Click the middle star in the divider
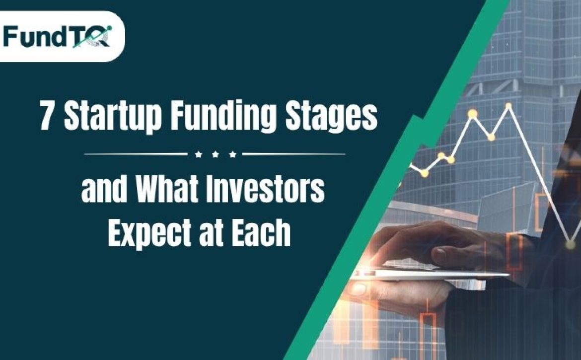pos(216,154)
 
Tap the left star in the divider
pos(199,154)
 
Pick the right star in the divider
pos(232,154)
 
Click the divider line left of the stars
pos(136,154)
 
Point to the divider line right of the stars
pos(294,154)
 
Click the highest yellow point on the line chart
pos(508,106)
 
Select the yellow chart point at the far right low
pos(571,244)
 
